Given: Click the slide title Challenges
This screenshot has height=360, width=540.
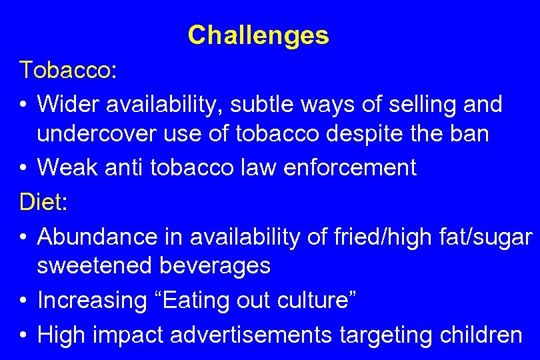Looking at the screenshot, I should pos(258,35).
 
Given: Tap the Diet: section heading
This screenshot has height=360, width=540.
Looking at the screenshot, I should pos(44,202).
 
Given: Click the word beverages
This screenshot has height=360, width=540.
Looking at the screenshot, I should pos(215,265).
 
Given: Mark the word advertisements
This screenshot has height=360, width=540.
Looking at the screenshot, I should pos(251,335).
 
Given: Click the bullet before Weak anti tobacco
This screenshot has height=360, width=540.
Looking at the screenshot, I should pos(23,168).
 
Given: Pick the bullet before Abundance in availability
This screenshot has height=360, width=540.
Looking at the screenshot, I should pos(23,237).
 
